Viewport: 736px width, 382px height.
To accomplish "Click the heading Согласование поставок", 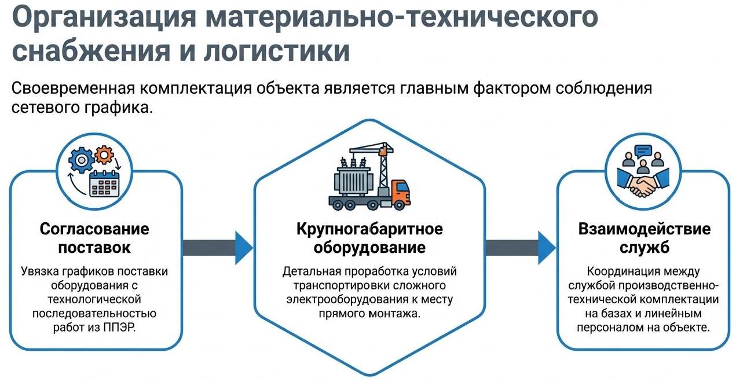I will (94, 238).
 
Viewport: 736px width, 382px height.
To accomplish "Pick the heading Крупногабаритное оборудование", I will (369, 238).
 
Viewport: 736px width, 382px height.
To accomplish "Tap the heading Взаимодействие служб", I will (644, 238).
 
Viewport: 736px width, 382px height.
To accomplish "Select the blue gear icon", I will (80, 159).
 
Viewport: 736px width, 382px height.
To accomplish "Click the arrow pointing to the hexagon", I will (218, 247).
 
